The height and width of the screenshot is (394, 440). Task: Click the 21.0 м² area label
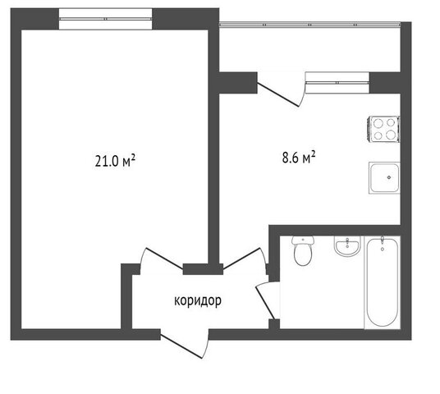pyautogui.click(x=115, y=161)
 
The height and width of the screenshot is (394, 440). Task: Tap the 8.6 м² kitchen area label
pyautogui.click(x=299, y=158)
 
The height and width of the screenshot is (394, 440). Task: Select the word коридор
pyautogui.click(x=198, y=300)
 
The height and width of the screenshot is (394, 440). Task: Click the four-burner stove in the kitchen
pyautogui.click(x=383, y=129)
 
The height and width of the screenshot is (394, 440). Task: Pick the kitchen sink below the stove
pyautogui.click(x=384, y=177)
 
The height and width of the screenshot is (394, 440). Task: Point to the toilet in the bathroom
pyautogui.click(x=303, y=250)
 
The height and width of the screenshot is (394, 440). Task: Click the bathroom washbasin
pyautogui.click(x=347, y=246)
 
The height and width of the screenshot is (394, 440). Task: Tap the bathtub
pyautogui.click(x=383, y=282)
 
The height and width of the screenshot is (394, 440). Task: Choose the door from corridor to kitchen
pyautogui.click(x=241, y=259)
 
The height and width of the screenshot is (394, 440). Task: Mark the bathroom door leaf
pyautogui.click(x=264, y=303)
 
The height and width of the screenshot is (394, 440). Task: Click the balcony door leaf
pyautogui.click(x=278, y=94)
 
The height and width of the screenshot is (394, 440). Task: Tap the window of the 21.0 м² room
pyautogui.click(x=106, y=19)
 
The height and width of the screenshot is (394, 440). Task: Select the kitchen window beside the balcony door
pyautogui.click(x=337, y=83)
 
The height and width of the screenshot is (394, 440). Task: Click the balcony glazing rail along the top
pyautogui.click(x=309, y=25)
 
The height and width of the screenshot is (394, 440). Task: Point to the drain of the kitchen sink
pyautogui.click(x=389, y=177)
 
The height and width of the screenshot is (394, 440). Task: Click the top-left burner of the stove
pyautogui.click(x=378, y=122)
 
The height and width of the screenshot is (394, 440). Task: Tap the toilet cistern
pyautogui.click(x=303, y=240)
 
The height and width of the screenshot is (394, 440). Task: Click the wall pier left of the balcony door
pyautogui.click(x=238, y=83)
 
